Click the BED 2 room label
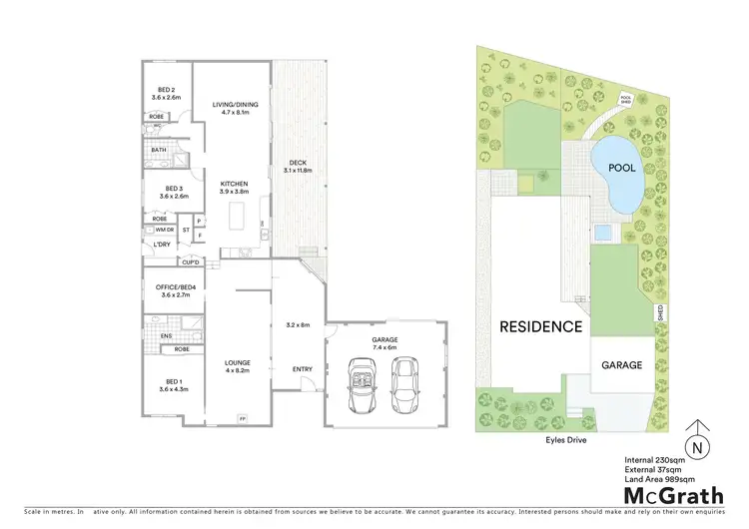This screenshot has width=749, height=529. click(166, 89)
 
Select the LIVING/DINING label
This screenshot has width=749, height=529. click(231, 104)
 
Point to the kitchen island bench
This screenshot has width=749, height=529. click(238, 216)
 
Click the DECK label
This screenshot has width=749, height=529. click(298, 163)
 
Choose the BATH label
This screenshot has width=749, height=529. click(159, 151)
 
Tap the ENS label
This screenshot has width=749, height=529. click(166, 336)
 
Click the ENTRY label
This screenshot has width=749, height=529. click(302, 368)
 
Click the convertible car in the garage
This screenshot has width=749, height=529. click(361, 384)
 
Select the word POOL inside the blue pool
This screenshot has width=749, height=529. click(622, 169)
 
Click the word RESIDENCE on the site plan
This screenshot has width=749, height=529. click(540, 326)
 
